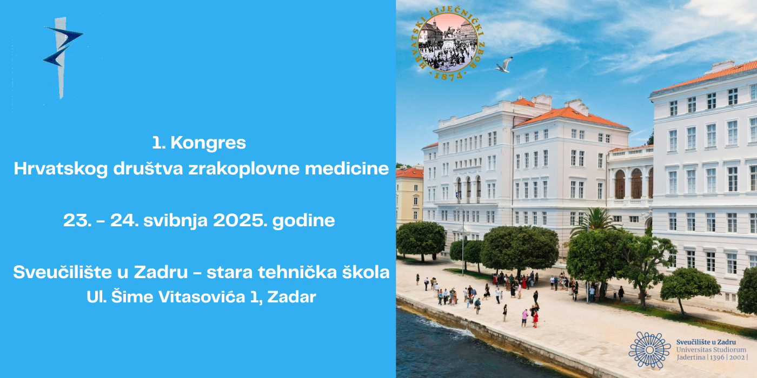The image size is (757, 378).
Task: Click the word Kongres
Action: (208, 143)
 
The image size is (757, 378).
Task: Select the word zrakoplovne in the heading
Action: (244, 168)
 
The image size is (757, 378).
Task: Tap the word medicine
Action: (347, 168)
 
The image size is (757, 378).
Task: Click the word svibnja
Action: (175, 221)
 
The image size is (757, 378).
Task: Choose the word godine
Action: (303, 221)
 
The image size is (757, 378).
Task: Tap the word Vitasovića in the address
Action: (202, 297)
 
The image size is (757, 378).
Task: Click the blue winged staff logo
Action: (62, 57)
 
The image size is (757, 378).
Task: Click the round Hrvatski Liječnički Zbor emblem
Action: (448, 43)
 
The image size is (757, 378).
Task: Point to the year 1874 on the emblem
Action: (448, 76)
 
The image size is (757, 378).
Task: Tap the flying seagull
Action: (504, 65)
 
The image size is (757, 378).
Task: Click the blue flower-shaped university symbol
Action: (649, 350)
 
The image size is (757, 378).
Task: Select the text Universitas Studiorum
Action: (711, 350)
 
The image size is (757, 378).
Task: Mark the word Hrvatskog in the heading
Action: (61, 168)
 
